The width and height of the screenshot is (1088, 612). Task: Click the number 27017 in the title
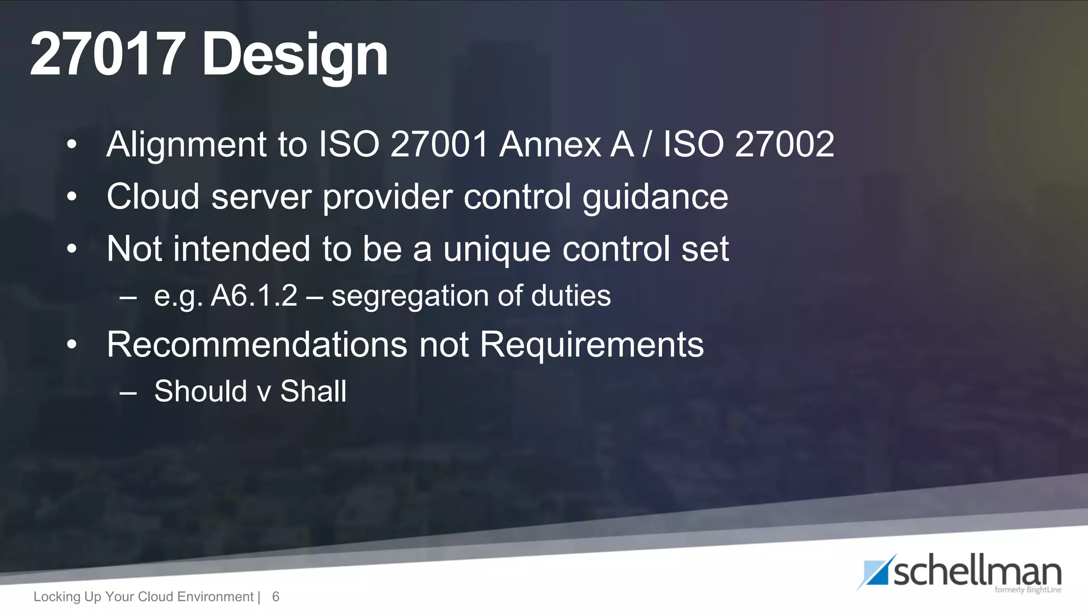108,55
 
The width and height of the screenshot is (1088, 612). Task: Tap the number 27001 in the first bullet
439,144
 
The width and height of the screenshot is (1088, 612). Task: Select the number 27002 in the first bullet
785,144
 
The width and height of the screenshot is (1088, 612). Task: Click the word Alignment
186,145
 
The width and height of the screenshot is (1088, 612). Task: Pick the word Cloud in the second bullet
153,197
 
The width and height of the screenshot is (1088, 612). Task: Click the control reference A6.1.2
254,295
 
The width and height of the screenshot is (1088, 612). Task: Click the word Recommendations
257,344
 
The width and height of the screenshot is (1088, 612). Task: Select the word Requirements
591,345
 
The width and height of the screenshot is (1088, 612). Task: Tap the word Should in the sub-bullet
200,391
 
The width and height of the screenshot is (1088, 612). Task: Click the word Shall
313,391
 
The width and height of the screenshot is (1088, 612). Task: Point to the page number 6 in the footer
276,597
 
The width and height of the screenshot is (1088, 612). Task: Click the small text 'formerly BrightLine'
1027,590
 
